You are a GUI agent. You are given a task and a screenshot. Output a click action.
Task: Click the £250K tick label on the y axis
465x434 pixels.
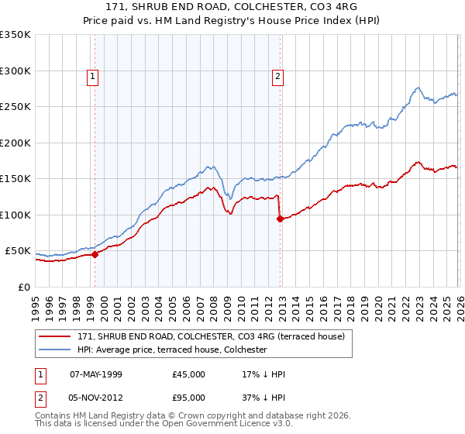point(15,107)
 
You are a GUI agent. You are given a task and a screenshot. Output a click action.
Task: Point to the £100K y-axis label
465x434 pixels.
point(15,215)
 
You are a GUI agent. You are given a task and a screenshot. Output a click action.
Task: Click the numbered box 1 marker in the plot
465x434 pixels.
point(92,76)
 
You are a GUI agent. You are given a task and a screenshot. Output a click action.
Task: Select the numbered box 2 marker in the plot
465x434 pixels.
point(277,76)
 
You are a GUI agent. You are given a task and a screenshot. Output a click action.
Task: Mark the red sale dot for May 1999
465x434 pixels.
point(95,254)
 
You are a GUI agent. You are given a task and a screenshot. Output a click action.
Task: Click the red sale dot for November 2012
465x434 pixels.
point(279,219)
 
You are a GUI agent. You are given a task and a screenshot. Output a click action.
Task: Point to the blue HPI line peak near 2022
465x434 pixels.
point(417,88)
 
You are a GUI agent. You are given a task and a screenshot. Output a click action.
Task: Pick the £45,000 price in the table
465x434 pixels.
point(189,374)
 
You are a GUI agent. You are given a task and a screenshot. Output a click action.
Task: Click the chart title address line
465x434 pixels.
point(232,7)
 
